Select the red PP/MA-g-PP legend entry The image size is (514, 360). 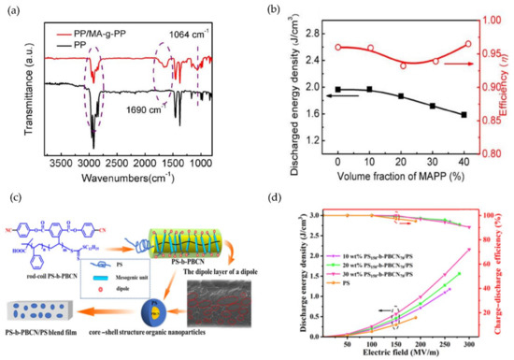[88, 18]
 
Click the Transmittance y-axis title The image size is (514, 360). [11, 79]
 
